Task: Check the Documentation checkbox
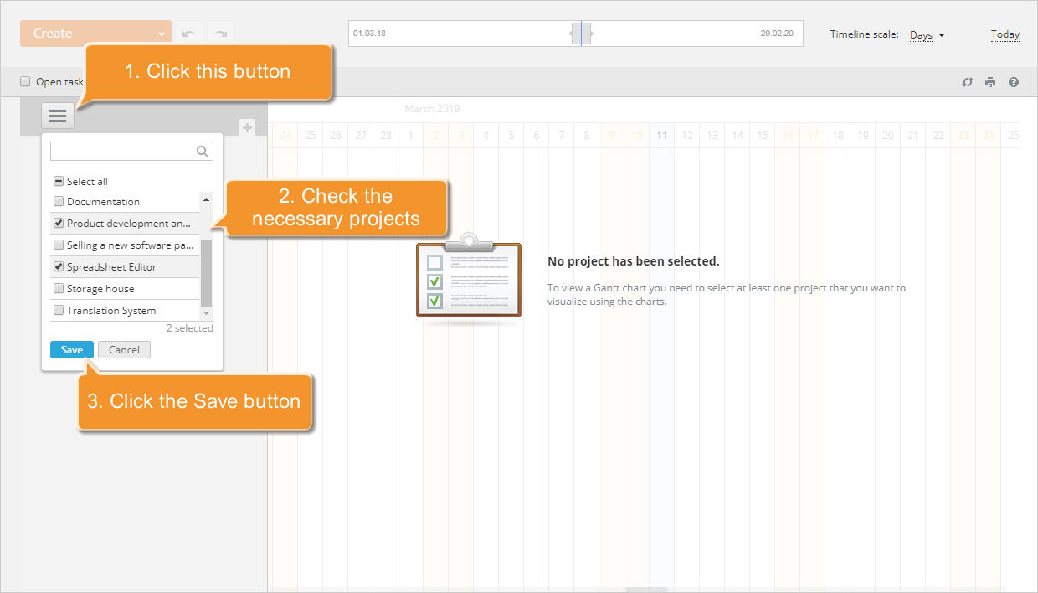[59, 202]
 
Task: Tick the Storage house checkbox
[59, 289]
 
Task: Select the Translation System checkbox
[59, 311]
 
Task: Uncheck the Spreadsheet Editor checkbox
[59, 267]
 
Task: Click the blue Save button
[72, 350]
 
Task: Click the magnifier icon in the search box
[202, 152]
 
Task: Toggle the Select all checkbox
[59, 181]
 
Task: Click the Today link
[1005, 35]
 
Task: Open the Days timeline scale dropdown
[927, 35]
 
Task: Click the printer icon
[990, 82]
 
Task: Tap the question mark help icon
[1014, 82]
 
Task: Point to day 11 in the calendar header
[661, 136]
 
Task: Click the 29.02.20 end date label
[776, 34]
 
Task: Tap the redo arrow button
[221, 34]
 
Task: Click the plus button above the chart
[247, 127]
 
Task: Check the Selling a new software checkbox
[59, 245]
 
